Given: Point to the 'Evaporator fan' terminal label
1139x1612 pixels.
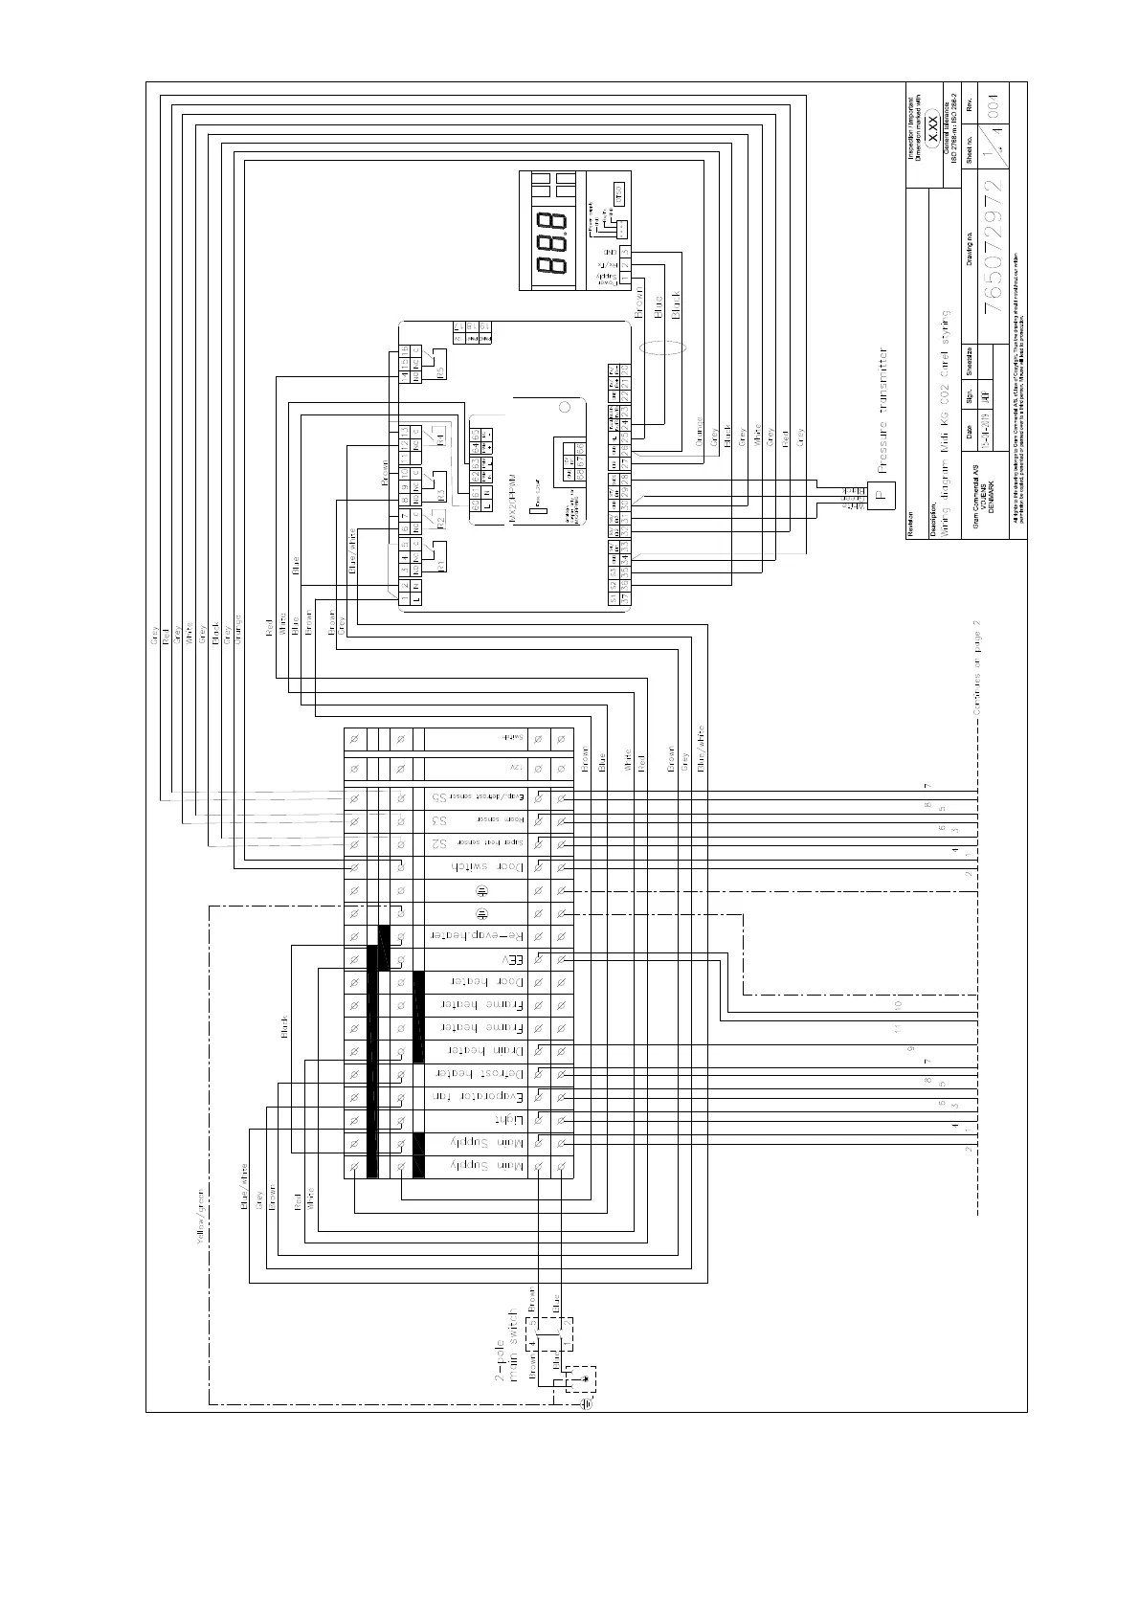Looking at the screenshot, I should [476, 1096].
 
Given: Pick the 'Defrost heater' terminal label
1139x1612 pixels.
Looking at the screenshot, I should [477, 1073].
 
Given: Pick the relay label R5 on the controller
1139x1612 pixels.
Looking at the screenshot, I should [441, 371].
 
